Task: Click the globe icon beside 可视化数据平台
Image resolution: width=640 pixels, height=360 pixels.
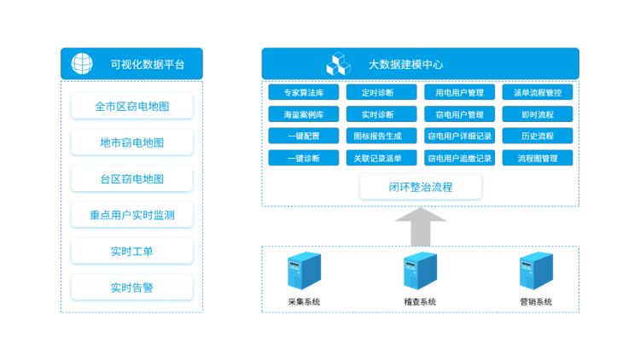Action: tap(83, 64)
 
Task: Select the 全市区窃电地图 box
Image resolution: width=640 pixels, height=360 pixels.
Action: tap(131, 107)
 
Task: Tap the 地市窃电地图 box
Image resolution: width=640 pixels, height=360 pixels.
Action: tap(131, 142)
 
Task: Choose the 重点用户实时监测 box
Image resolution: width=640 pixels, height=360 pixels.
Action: tap(131, 215)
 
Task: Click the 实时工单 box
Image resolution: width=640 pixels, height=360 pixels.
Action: tap(131, 251)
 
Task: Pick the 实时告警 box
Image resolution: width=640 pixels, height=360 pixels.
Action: tap(131, 287)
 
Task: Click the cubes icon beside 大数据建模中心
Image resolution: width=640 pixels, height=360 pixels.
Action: tap(338, 64)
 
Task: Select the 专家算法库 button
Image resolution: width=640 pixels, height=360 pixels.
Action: tap(303, 92)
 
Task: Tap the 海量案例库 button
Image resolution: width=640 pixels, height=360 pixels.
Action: tap(303, 114)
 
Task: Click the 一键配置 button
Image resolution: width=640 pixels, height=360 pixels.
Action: tap(303, 136)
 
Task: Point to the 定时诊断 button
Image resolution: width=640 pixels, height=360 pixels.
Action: tap(381, 92)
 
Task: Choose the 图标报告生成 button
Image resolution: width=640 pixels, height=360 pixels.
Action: tap(381, 136)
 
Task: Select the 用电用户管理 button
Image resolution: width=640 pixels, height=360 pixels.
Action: tap(459, 92)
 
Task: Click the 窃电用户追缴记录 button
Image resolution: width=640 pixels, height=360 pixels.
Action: tap(459, 158)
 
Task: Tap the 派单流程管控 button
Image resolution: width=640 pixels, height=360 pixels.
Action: tap(538, 92)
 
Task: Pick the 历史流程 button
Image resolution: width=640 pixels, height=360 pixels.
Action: tap(538, 136)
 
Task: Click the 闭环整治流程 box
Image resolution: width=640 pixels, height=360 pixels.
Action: tap(421, 187)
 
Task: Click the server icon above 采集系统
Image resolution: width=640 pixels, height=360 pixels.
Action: tap(304, 270)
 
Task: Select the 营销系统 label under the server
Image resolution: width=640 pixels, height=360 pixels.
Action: tap(536, 302)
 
